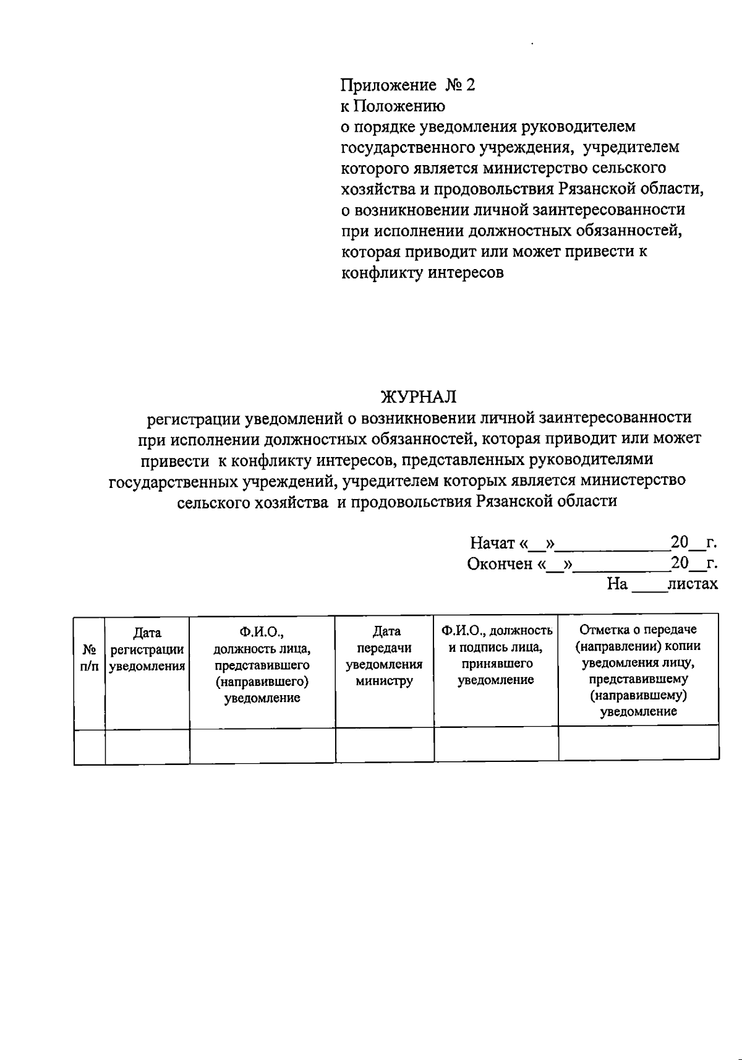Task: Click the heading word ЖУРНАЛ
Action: click(419, 396)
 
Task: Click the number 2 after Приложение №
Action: click(470, 85)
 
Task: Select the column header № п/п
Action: click(90, 658)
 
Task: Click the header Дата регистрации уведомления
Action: click(147, 649)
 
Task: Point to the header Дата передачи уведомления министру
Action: click(385, 656)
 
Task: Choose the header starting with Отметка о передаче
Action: click(638, 670)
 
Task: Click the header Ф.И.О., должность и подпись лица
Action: click(496, 655)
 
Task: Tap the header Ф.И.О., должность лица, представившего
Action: click(262, 665)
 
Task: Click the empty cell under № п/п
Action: click(90, 746)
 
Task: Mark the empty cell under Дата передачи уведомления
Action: click(385, 745)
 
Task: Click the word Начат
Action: click(492, 543)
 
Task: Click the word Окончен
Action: click(500, 563)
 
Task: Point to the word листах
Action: click(693, 584)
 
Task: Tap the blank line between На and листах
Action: click(649, 588)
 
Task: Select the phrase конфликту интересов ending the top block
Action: click(423, 272)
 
